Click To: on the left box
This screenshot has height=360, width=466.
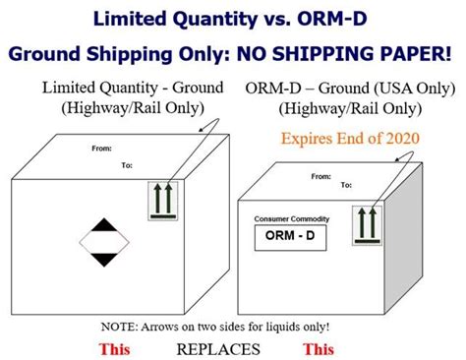coord(127,165)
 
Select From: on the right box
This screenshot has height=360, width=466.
coord(320,177)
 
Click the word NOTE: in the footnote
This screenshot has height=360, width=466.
coord(120,326)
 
